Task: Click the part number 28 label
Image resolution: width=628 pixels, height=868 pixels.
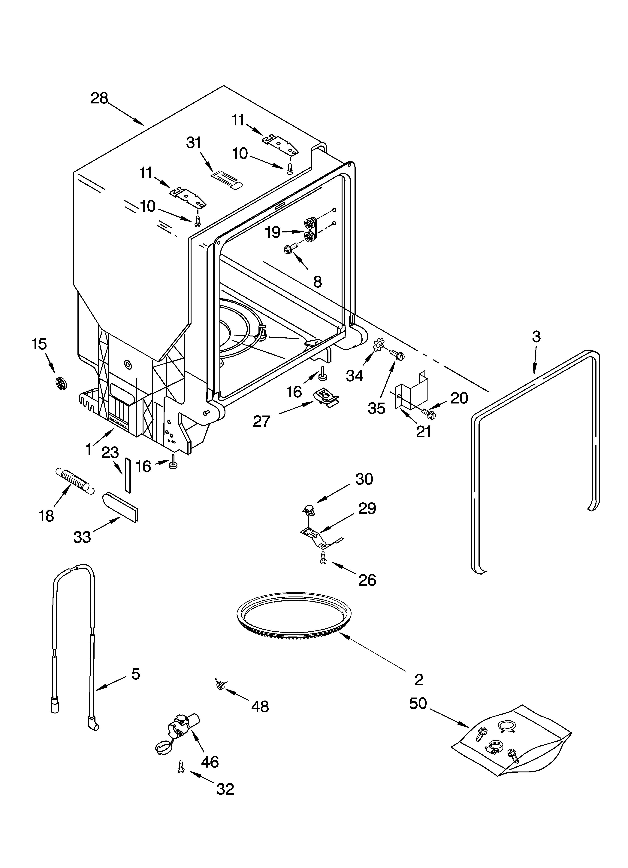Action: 99,98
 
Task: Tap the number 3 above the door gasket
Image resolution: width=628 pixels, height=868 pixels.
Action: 536,337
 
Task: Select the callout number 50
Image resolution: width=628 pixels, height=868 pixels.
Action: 418,703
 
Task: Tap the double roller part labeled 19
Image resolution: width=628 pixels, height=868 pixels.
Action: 311,230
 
